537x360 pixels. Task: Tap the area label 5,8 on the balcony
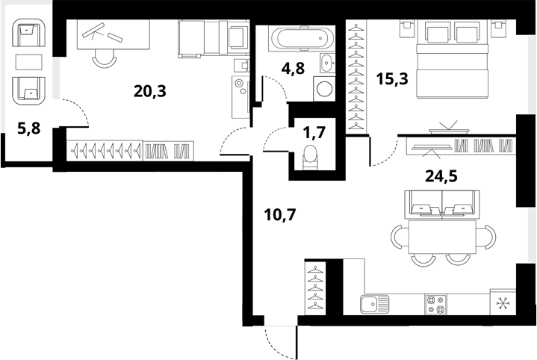[28, 128]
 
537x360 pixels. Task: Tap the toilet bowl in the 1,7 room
[311, 156]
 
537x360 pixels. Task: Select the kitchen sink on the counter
[373, 303]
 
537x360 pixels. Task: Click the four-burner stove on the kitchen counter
[435, 303]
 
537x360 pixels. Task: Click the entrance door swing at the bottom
[280, 342]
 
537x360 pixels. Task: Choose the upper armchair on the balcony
[29, 34]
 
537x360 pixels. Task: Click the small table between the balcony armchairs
[29, 61]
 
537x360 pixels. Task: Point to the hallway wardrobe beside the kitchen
[315, 288]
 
